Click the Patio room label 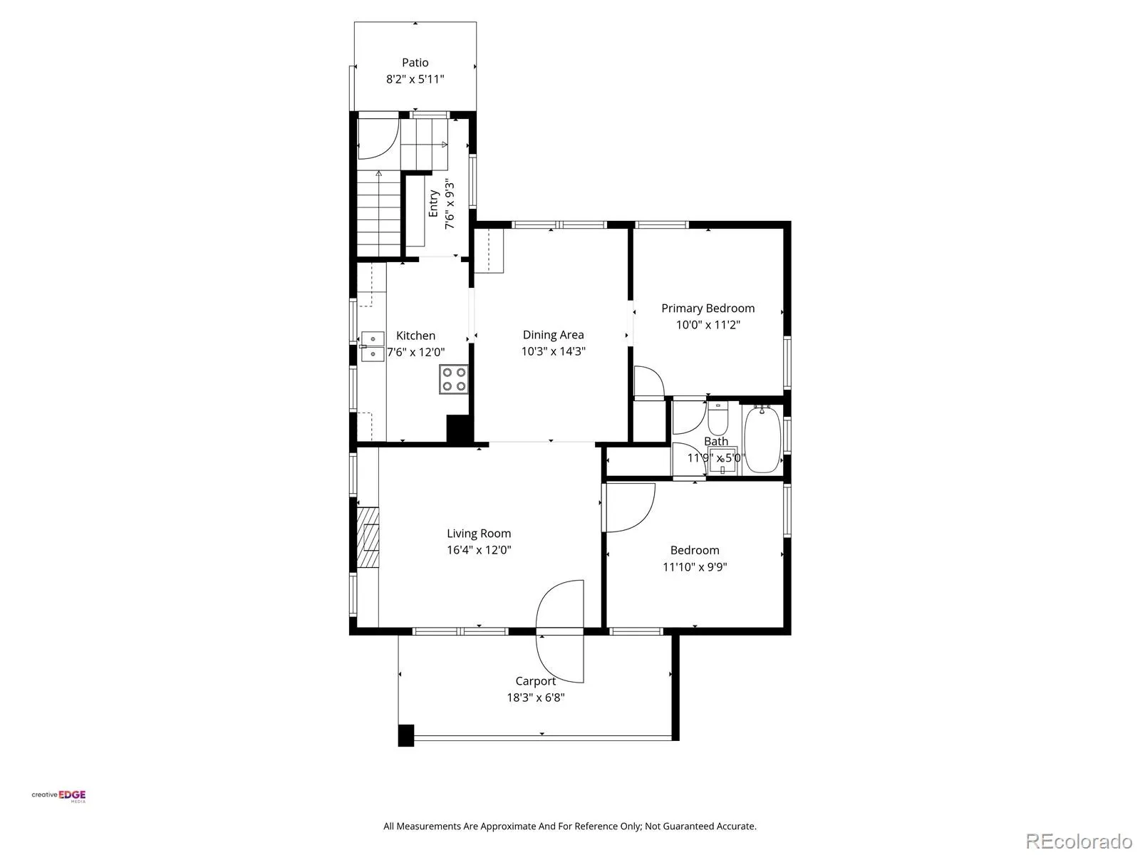(415, 63)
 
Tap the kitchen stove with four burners (453, 379)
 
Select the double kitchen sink (373, 346)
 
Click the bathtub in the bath (762, 439)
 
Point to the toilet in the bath (717, 418)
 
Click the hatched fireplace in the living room (368, 537)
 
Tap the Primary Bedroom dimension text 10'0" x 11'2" (708, 325)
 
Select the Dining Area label (553, 335)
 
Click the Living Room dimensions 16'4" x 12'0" (479, 550)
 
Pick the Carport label (536, 680)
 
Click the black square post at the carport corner (405, 735)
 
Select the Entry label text (433, 204)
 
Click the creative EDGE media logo (58, 796)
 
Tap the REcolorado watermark (1079, 841)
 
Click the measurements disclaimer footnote (570, 826)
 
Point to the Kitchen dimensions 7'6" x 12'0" (415, 353)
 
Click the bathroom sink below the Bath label (722, 460)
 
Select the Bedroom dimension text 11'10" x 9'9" (695, 566)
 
